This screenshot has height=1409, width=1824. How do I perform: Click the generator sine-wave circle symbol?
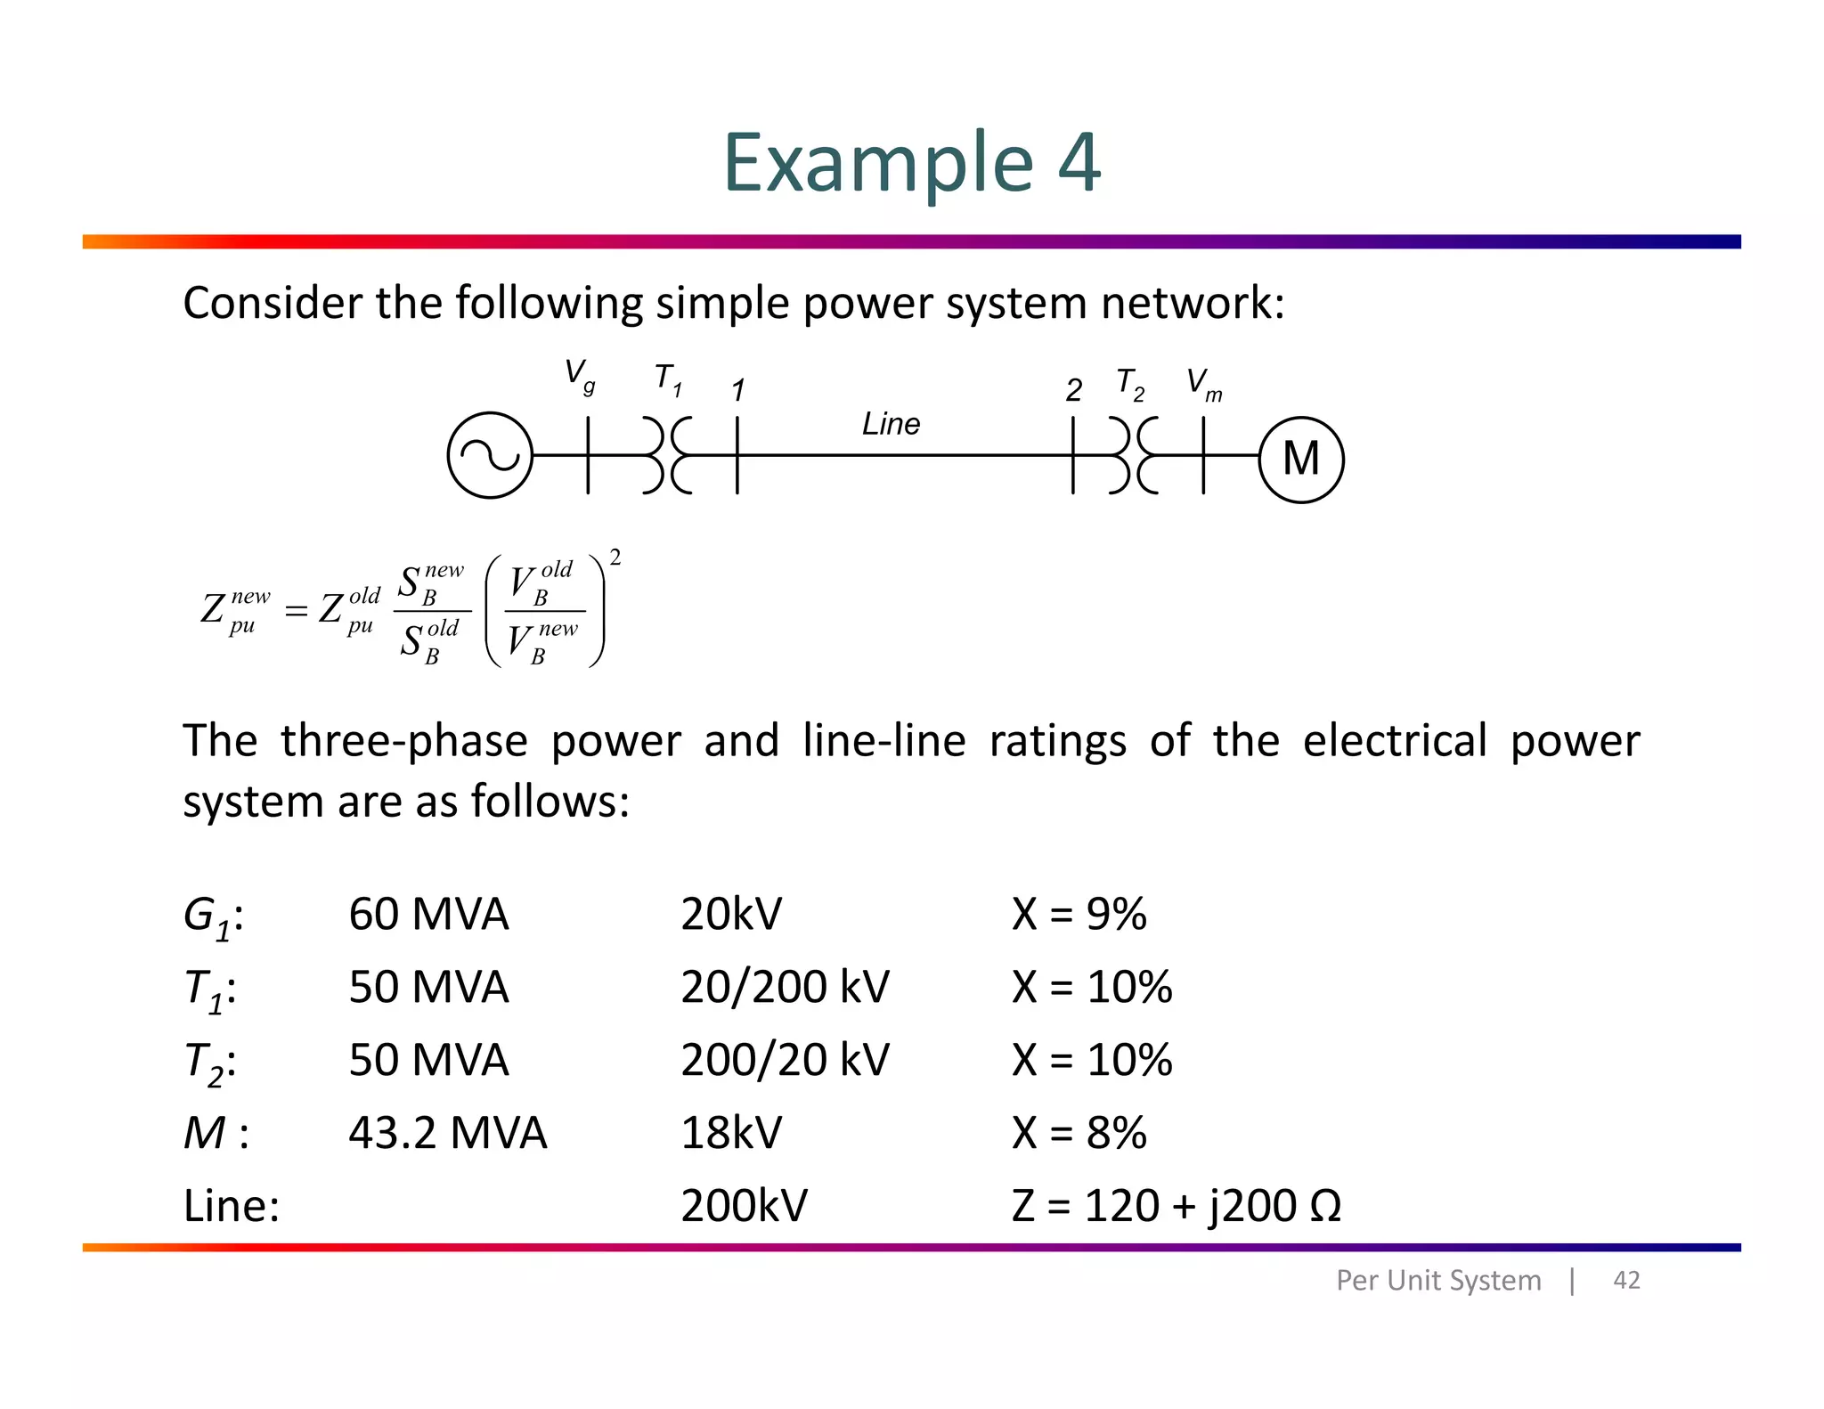(x=490, y=455)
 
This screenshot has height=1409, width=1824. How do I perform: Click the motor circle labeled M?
(x=1300, y=460)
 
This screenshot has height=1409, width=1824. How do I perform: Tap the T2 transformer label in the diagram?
(x=1129, y=384)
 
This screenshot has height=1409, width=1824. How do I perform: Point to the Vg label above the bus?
(x=580, y=375)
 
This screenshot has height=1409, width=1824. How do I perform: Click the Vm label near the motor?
(x=1204, y=385)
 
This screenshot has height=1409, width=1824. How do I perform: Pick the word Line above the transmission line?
(x=891, y=424)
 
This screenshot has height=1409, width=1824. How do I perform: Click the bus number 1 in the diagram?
(x=737, y=390)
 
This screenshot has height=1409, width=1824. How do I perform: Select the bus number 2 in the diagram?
(x=1073, y=390)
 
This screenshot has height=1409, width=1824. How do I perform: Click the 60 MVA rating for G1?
(x=428, y=914)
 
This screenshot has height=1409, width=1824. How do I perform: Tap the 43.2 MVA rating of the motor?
(x=447, y=1133)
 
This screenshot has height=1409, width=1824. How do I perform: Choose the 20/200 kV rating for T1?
(x=785, y=987)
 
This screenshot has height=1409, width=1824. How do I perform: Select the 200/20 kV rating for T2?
(x=785, y=1060)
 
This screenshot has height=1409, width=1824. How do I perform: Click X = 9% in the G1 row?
(x=1079, y=914)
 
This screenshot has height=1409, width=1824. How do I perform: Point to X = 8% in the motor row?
(x=1079, y=1133)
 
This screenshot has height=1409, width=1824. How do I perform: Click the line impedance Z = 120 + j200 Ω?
(x=1176, y=1206)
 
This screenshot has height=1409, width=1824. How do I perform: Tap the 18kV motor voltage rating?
(x=731, y=1133)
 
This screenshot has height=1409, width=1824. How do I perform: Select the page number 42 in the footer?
(x=1626, y=1280)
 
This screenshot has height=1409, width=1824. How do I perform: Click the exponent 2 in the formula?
(x=615, y=558)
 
